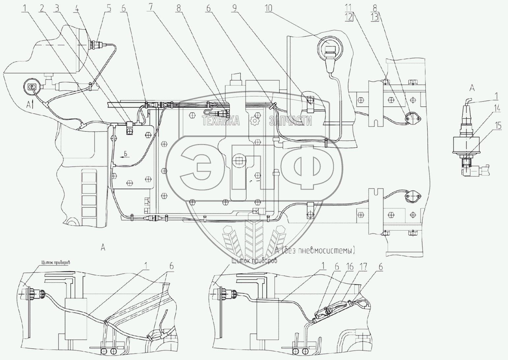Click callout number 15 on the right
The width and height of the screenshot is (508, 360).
click(x=497, y=125)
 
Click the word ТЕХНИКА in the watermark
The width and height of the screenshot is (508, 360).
click(x=221, y=121)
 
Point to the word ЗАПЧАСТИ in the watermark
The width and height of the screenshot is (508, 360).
click(x=290, y=121)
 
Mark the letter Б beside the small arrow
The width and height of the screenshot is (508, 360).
click(x=126, y=153)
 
